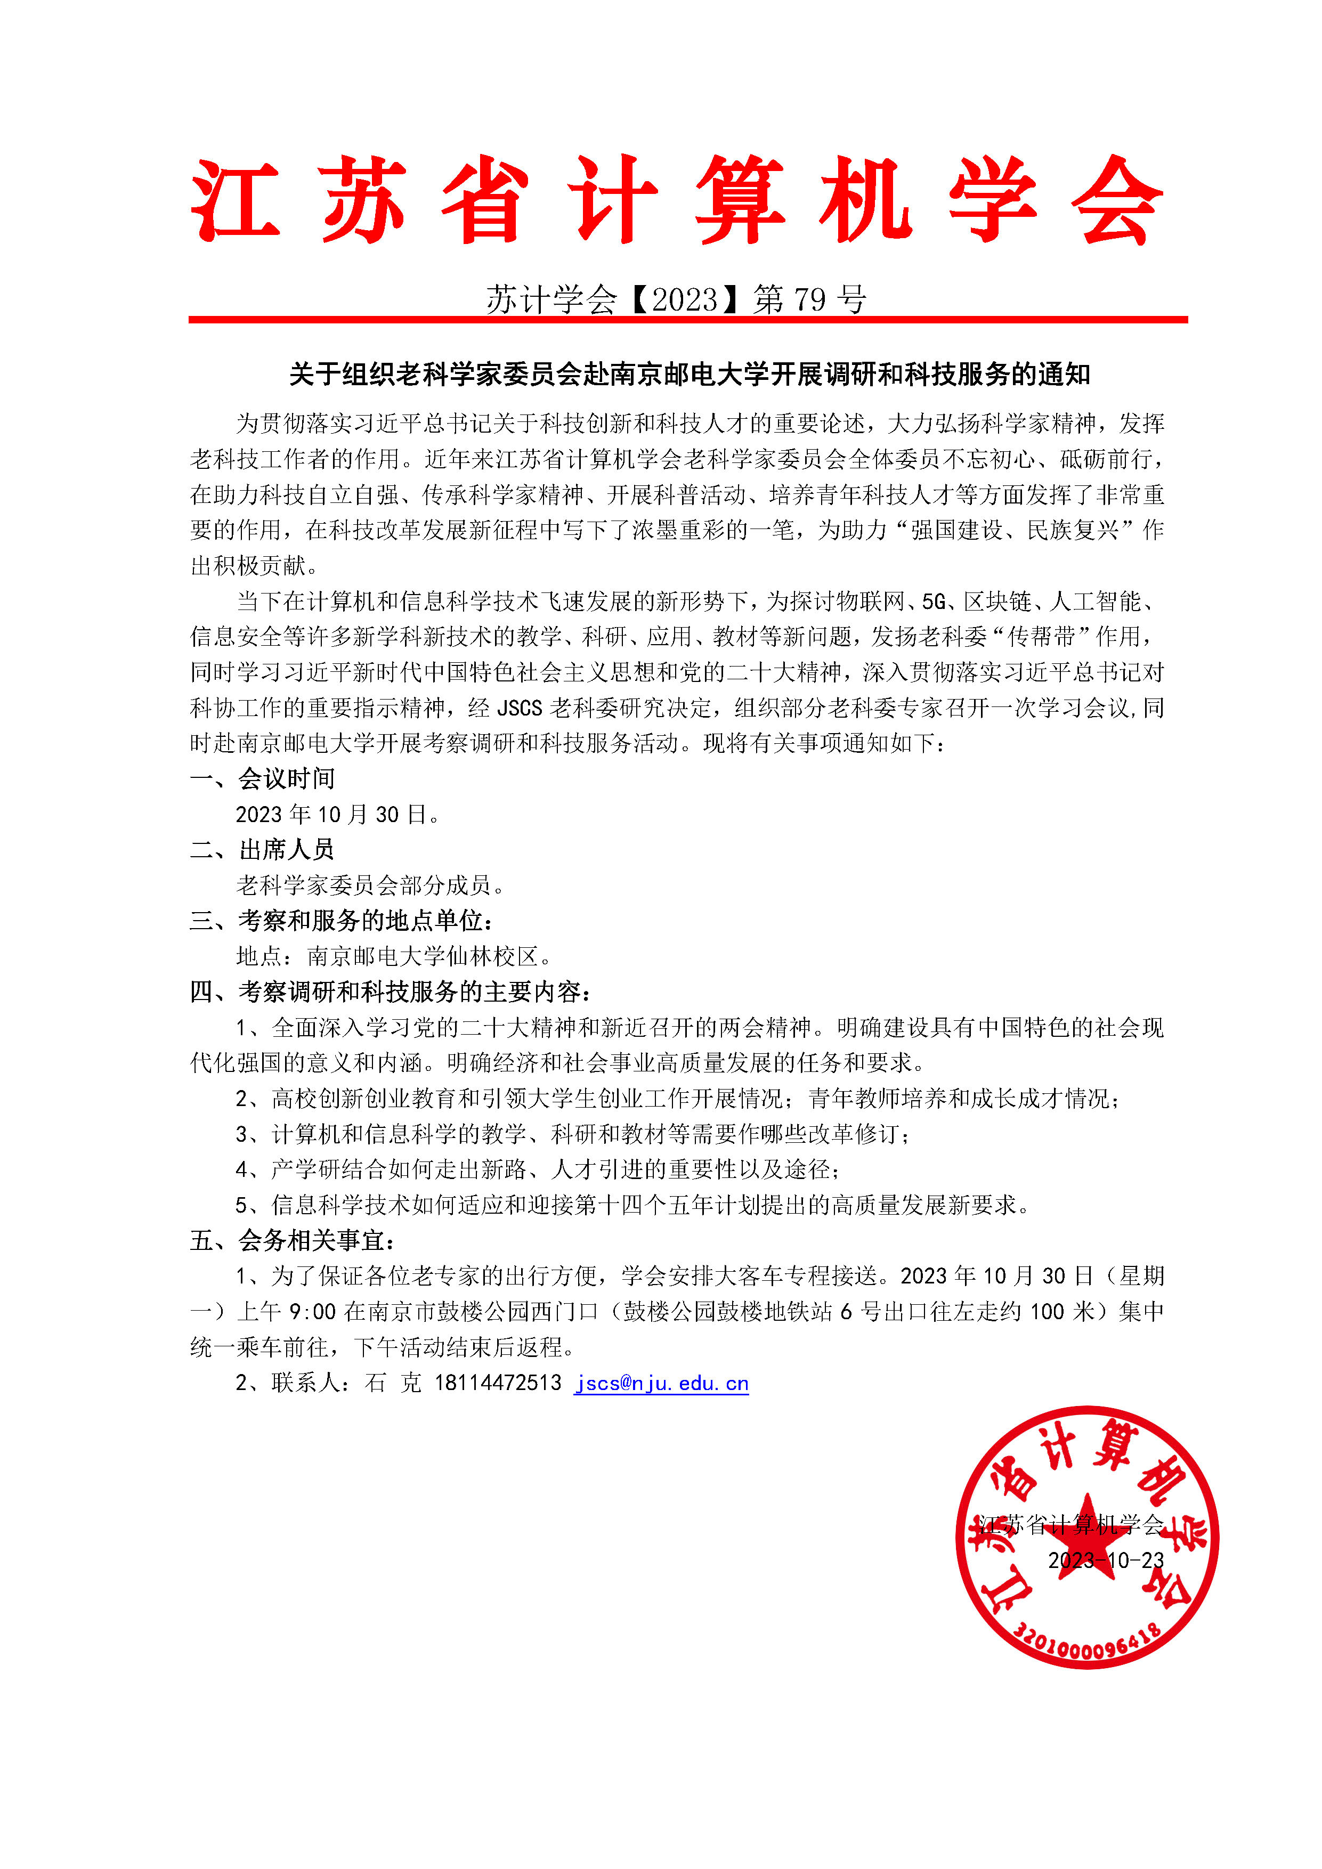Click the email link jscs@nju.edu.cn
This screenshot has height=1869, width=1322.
coord(661,1383)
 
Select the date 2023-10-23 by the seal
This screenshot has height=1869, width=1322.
coord(1106,1561)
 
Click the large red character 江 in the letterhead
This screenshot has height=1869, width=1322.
coord(236,199)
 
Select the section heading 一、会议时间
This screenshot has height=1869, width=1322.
coord(262,779)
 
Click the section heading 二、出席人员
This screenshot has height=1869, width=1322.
coord(262,850)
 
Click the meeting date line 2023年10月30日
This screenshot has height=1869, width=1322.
coord(338,815)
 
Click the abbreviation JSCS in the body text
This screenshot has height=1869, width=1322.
coord(518,708)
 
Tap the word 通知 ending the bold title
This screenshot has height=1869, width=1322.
coord(1064,375)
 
